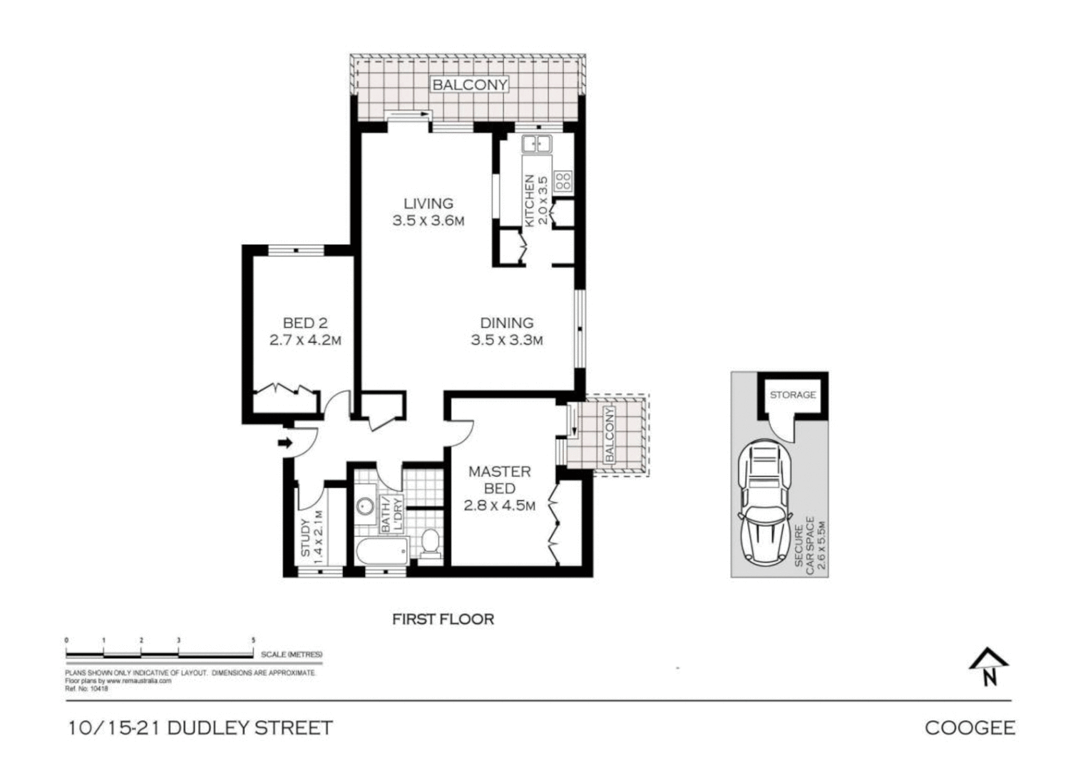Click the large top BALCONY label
[x=470, y=84]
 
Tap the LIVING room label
[x=428, y=204]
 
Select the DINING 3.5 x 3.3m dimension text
[x=506, y=340]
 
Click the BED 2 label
[x=305, y=324]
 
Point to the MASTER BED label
[x=499, y=480]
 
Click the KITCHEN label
[x=530, y=201]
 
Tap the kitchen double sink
[x=535, y=145]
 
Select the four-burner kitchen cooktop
[x=563, y=180]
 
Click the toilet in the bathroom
[x=431, y=543]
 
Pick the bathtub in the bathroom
[x=381, y=550]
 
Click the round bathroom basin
[x=366, y=505]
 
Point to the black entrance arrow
[x=285, y=443]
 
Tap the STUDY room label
[x=306, y=538]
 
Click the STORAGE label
[x=792, y=394]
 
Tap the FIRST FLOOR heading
[x=443, y=619]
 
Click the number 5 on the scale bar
[x=253, y=640]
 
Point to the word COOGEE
[x=970, y=727]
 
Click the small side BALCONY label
[x=609, y=435]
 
